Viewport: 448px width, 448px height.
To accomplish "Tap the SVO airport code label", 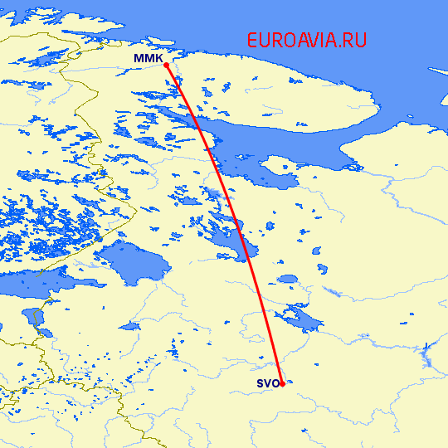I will pyautogui.click(x=266, y=383).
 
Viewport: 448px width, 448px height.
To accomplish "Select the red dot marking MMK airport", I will pyautogui.click(x=167, y=65).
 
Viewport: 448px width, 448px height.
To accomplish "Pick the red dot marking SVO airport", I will pyautogui.click(x=282, y=384).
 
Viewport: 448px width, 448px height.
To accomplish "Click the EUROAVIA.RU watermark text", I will pyautogui.click(x=306, y=40).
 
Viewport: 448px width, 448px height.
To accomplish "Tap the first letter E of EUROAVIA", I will pyautogui.click(x=253, y=40).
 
